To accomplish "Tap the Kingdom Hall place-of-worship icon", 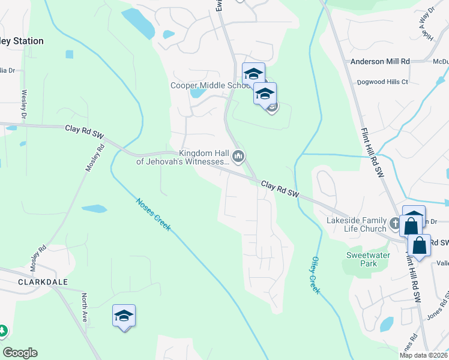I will pyautogui.click(x=238, y=157).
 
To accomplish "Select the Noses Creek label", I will pyautogui.click(x=153, y=215).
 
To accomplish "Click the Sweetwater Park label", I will pyautogui.click(x=361, y=259).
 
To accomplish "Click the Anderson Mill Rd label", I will pyautogui.click(x=380, y=61).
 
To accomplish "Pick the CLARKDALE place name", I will pyautogui.click(x=43, y=281).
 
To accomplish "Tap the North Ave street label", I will pyautogui.click(x=85, y=307).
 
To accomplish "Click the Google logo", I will pyautogui.click(x=20, y=353).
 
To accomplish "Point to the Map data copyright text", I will pyautogui.click(x=423, y=355).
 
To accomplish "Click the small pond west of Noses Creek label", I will pyautogui.click(x=94, y=209).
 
